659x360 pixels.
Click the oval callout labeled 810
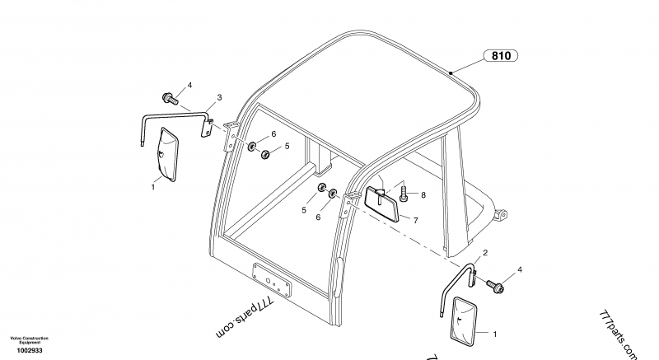(x=500, y=56)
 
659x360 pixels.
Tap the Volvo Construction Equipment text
(x=29, y=339)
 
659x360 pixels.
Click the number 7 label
(x=416, y=221)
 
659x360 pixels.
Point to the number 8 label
(x=423, y=195)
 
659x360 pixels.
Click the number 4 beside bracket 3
(x=189, y=85)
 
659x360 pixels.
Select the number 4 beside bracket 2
(x=519, y=269)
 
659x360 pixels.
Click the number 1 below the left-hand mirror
(x=152, y=188)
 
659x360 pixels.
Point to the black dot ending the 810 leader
(x=451, y=73)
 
